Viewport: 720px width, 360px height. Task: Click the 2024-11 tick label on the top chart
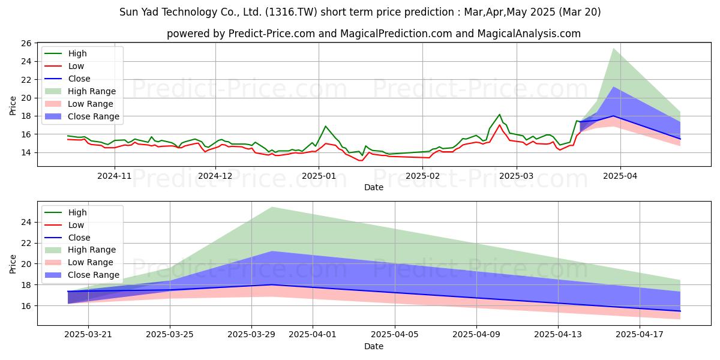(x=115, y=176)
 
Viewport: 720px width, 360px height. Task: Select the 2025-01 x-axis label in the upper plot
(x=319, y=176)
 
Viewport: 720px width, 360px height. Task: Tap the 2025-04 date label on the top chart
(x=620, y=176)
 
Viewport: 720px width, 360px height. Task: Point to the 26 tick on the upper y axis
(x=26, y=43)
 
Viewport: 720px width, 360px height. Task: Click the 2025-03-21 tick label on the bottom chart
(x=88, y=335)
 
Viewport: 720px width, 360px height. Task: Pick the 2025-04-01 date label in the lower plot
(x=313, y=335)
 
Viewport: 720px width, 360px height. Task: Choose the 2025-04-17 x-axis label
(x=640, y=335)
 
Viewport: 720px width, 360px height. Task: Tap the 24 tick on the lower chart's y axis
(x=26, y=222)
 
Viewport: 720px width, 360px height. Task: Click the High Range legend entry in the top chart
(x=80, y=91)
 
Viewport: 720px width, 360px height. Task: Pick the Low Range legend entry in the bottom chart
(x=79, y=262)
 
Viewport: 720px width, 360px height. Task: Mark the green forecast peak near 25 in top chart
(x=613, y=48)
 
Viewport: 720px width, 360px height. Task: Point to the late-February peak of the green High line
(x=499, y=115)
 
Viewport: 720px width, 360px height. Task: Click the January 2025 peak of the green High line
(x=325, y=126)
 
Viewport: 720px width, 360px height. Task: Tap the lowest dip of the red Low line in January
(x=361, y=160)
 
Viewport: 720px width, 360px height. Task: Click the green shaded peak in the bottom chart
(x=272, y=207)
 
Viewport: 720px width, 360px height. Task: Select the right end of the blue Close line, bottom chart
(x=680, y=311)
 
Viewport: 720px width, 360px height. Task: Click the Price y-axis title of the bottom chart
(x=13, y=264)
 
